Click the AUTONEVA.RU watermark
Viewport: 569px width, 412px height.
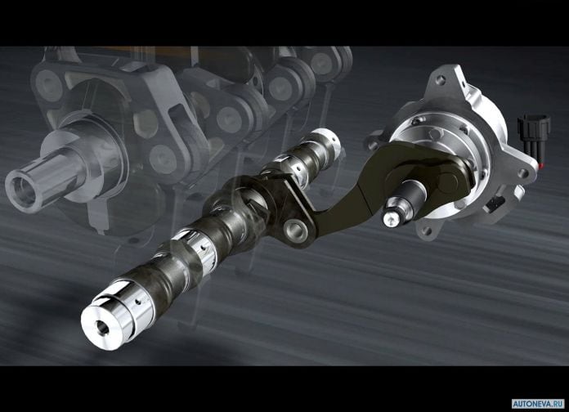539,404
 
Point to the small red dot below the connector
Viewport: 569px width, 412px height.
542,164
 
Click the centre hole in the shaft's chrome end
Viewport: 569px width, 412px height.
102,328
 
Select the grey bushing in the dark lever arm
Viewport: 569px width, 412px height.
294,230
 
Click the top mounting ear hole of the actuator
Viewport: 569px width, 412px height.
441,78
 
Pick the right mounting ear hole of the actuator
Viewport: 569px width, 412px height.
523,173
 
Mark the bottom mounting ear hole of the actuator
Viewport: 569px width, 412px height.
427,231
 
